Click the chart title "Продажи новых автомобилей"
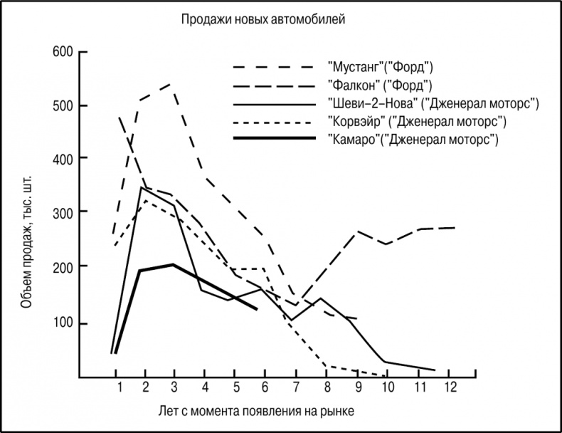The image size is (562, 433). coord(264,20)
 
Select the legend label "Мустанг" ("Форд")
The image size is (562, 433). coord(381,68)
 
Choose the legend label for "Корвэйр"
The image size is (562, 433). coord(417,121)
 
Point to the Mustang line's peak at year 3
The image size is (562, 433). coord(171,85)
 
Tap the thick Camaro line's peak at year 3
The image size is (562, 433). coord(174,265)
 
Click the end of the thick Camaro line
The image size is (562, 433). coord(256,309)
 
